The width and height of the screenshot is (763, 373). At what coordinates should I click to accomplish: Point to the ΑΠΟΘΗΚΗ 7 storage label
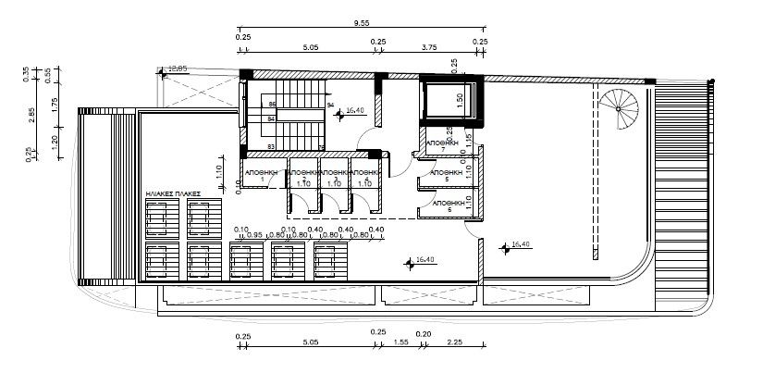(x=443, y=145)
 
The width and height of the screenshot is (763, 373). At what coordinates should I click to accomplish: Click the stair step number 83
(x=271, y=146)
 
